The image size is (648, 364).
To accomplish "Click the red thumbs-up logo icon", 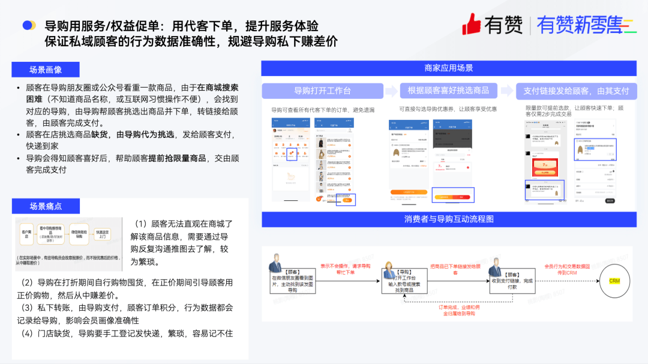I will pyautogui.click(x=472, y=24).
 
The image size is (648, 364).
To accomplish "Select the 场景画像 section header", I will pyautogui.click(x=45, y=70).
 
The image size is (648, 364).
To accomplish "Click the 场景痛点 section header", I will pyautogui.click(x=46, y=206).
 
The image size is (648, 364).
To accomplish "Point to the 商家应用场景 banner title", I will pyautogui.click(x=448, y=68).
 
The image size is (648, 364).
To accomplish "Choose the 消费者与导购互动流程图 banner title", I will pyautogui.click(x=448, y=219).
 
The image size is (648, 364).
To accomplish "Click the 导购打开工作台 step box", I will pyautogui.click(x=322, y=91).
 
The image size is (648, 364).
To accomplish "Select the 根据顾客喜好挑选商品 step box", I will pyautogui.click(x=448, y=91).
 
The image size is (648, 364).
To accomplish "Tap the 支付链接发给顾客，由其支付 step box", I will pyautogui.click(x=575, y=91).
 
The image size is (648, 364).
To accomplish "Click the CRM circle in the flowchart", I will pyautogui.click(x=614, y=281).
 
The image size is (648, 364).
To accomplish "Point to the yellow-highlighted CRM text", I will pyautogui.click(x=614, y=281).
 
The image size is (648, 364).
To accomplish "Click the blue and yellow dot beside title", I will pyautogui.click(x=29, y=25).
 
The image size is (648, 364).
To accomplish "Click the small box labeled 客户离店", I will pyautogui.click(x=27, y=234).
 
